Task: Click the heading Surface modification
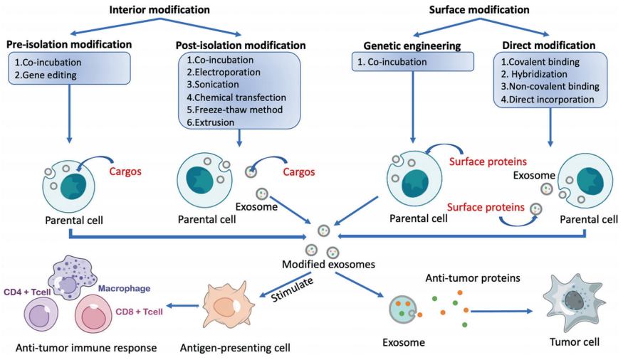480,9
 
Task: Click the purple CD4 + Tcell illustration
45,313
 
